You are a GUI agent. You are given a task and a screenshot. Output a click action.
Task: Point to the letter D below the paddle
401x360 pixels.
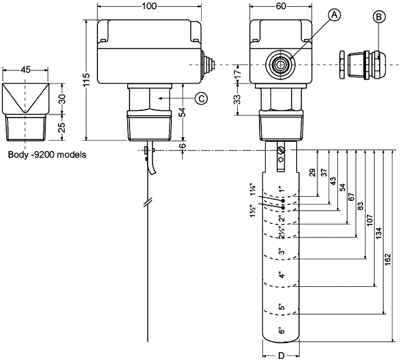point(281,355)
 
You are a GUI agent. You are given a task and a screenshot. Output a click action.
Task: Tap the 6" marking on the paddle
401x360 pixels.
point(281,330)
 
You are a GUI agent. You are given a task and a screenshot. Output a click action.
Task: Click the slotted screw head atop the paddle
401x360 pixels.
point(281,151)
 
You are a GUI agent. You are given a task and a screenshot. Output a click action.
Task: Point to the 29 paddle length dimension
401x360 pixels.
point(313,173)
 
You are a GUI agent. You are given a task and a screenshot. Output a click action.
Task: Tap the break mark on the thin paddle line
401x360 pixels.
point(148,203)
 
